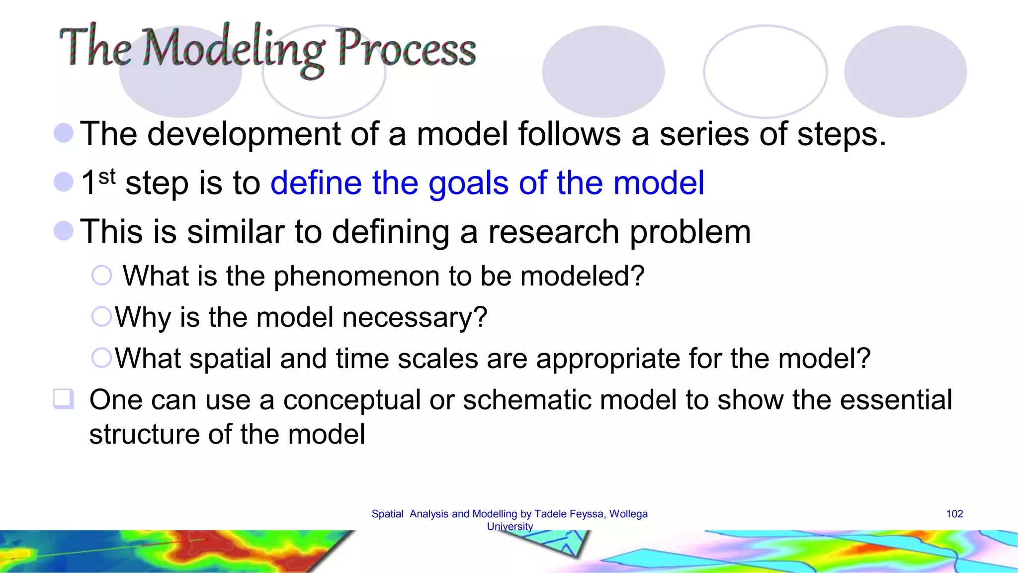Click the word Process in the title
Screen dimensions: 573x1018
coord(406,49)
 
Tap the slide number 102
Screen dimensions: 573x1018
coord(954,514)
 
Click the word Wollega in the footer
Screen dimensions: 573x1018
coord(628,514)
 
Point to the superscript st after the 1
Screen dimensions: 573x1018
coord(107,176)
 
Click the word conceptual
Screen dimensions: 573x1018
coord(352,400)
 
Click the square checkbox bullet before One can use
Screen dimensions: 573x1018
coord(63,399)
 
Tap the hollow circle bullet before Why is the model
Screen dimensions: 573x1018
coord(102,316)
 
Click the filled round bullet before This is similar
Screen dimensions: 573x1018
coord(64,231)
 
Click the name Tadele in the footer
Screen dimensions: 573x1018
coord(549,514)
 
